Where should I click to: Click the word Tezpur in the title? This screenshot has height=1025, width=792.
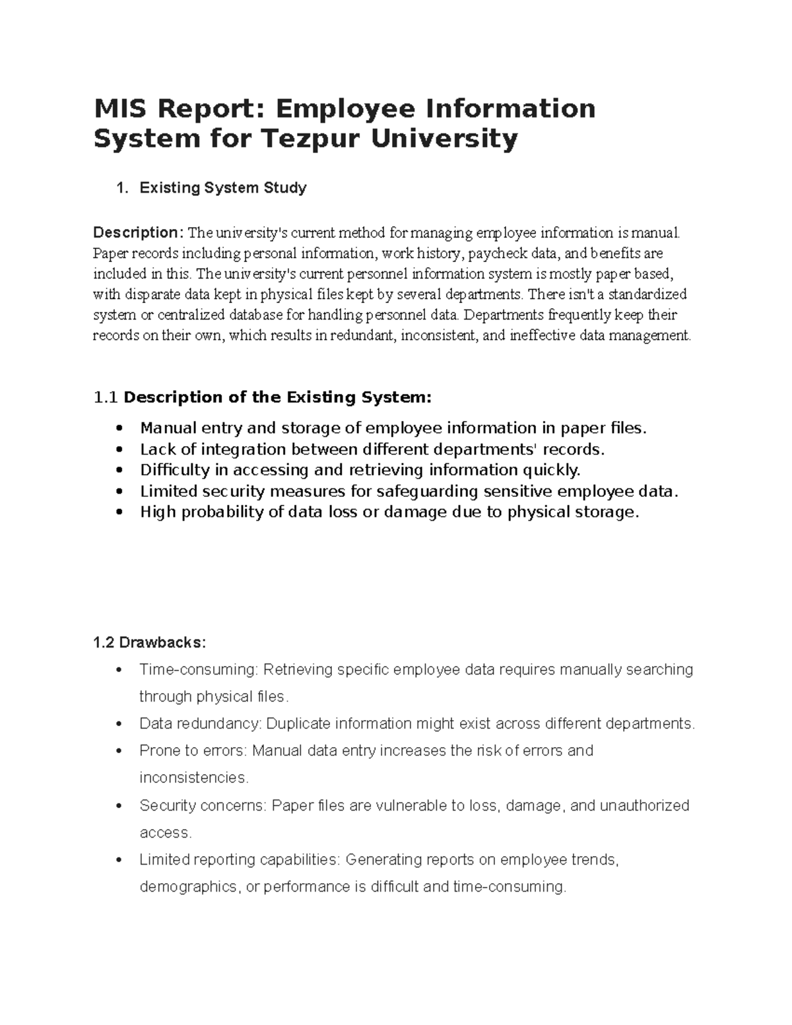coord(315,139)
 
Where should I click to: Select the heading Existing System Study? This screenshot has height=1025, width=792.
coord(222,188)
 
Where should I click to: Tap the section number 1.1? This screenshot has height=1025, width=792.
coord(106,397)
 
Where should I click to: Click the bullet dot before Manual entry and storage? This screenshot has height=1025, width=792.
coord(119,429)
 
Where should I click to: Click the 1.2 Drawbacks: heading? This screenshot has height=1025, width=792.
coord(150,643)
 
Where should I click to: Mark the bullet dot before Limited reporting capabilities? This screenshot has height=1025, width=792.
coord(119,861)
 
